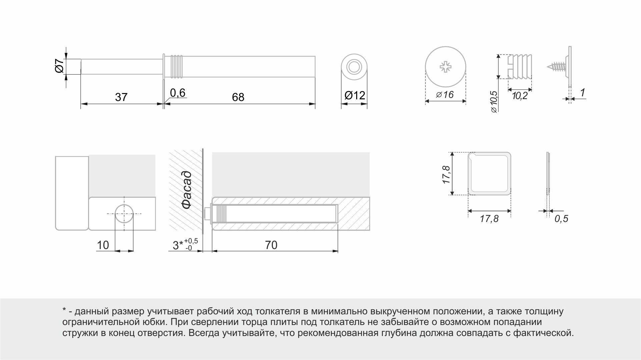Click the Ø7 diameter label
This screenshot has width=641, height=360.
coord(59,66)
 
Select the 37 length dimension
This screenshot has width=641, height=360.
coord(121,97)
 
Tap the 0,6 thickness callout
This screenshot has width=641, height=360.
coord(177,93)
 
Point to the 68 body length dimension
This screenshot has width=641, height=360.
coord(238,97)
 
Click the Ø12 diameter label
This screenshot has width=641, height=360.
coord(355,95)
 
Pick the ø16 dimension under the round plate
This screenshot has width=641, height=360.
coord(445,95)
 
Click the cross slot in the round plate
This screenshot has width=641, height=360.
coord(446,67)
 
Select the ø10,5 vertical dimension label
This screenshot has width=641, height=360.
coord(494,102)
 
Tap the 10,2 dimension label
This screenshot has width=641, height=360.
coord(520,96)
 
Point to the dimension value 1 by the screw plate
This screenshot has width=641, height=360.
coord(582,93)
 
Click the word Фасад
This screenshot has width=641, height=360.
coord(187,190)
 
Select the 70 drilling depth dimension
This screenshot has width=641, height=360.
coord(271,245)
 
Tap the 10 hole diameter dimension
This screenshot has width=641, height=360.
coord(103,245)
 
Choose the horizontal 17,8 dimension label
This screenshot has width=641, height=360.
coord(489,219)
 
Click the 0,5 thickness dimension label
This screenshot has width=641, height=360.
coord(561,219)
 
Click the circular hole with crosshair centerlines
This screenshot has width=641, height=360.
coord(124,214)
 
